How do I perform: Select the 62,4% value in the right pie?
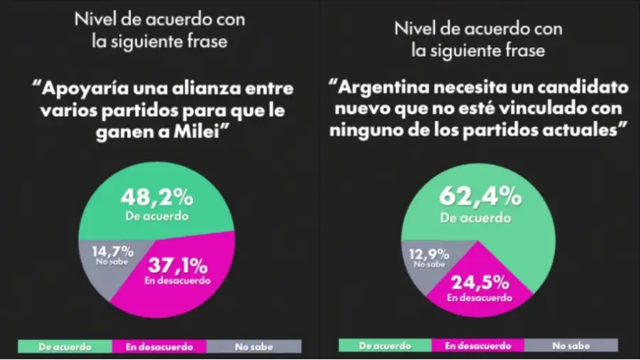[481, 197]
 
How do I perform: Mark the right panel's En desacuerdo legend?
[477, 346]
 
